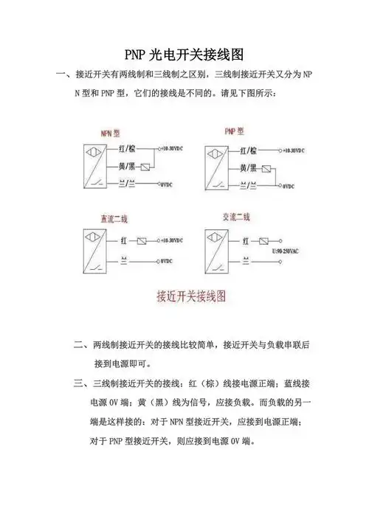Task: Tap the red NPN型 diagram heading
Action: coord(110,133)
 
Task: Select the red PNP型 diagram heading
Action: coord(235,131)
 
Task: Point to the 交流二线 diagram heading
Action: coord(236,217)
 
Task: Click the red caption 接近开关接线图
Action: coord(190,297)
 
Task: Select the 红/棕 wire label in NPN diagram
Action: coord(127,150)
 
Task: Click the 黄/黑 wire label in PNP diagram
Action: coord(248,168)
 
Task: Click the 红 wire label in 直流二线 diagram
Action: coord(124,241)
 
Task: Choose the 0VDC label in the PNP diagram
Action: coord(289,187)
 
